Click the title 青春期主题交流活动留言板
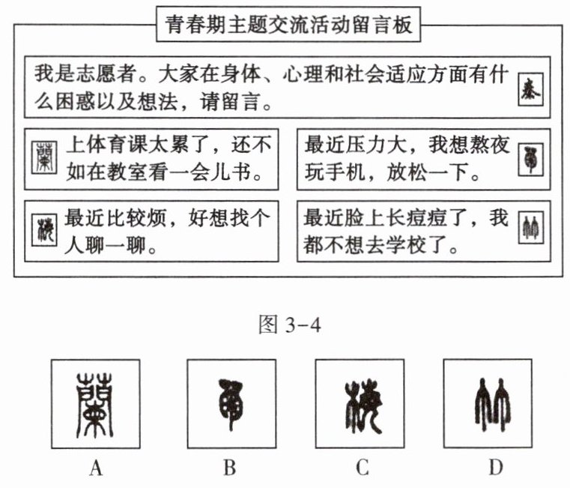(288, 28)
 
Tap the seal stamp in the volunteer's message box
(531, 89)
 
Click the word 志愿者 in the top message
(100, 76)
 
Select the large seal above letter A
(95, 403)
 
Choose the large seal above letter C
(360, 403)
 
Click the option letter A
(95, 469)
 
